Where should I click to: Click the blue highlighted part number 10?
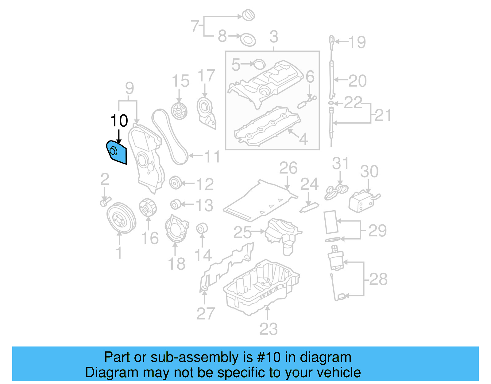click(117, 152)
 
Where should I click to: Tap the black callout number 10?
click(119, 121)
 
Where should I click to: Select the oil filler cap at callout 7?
click(248, 15)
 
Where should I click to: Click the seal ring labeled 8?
click(248, 40)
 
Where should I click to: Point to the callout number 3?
click(273, 37)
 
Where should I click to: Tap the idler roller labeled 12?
click(175, 183)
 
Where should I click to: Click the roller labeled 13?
click(175, 204)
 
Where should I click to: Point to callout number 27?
click(205, 314)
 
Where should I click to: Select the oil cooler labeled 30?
click(363, 201)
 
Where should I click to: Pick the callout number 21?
click(383, 115)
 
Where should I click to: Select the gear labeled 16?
click(148, 208)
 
